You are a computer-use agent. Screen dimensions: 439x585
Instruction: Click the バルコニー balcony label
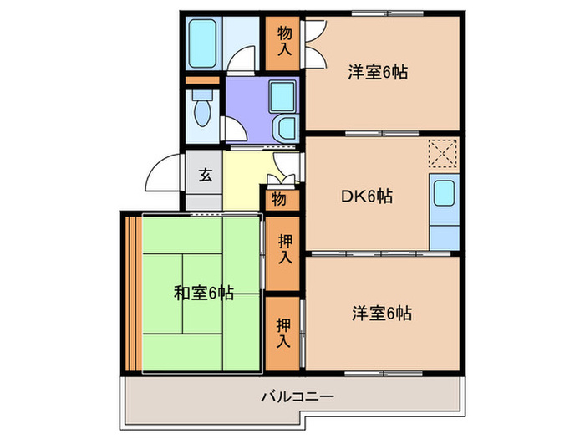298,396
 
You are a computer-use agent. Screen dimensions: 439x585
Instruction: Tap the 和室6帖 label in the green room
203,294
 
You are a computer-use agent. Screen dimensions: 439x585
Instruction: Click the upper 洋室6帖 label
378,72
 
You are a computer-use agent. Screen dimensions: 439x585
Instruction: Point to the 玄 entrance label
204,176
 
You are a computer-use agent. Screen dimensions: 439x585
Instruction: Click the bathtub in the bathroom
201,41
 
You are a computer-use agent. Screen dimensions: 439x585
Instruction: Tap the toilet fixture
201,108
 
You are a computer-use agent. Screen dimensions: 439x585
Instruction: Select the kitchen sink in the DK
444,199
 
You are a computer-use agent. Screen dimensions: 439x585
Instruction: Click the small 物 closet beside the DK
278,200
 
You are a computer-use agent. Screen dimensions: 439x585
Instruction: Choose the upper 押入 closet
284,252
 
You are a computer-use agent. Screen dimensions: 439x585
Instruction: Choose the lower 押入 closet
283,332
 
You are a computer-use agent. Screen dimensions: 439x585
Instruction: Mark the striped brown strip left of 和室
132,293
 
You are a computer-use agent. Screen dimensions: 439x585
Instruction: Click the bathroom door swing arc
243,59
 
